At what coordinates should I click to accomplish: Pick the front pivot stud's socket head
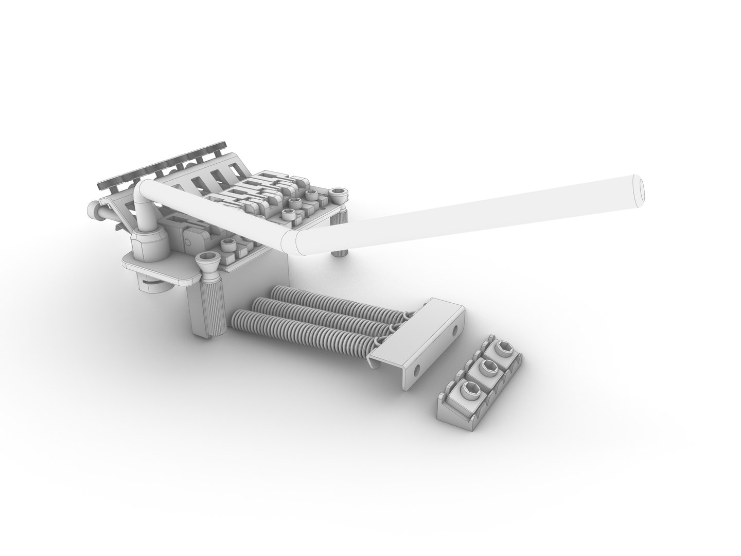coord(209,260)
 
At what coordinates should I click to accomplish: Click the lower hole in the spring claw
coord(417,369)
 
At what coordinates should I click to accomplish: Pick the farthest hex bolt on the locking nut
coord(503,352)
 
